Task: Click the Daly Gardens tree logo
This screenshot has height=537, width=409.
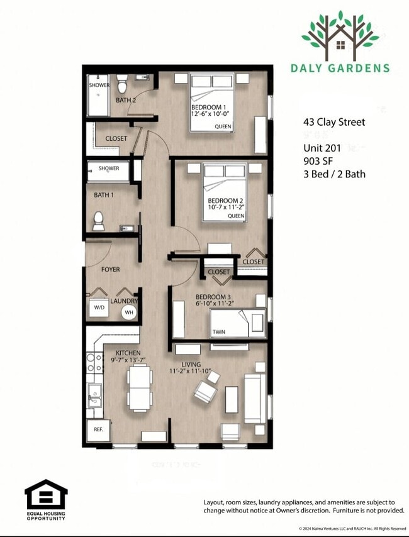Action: (340, 35)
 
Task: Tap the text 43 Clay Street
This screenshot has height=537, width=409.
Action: (333, 122)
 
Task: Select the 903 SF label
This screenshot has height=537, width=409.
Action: (318, 161)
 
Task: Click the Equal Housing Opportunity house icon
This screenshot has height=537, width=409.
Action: (46, 495)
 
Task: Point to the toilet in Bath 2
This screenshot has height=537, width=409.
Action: (122, 84)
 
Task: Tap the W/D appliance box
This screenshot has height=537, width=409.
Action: (99, 308)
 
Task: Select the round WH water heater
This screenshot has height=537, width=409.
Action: (129, 312)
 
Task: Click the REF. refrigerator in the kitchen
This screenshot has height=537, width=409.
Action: (98, 429)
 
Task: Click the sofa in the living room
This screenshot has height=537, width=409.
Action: (255, 399)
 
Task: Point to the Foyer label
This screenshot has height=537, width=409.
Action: (110, 269)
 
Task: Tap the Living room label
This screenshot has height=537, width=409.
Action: (191, 364)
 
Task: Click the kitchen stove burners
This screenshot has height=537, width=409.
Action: (94, 363)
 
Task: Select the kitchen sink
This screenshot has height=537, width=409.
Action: (94, 396)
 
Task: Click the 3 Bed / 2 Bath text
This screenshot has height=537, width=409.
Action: (334, 174)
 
